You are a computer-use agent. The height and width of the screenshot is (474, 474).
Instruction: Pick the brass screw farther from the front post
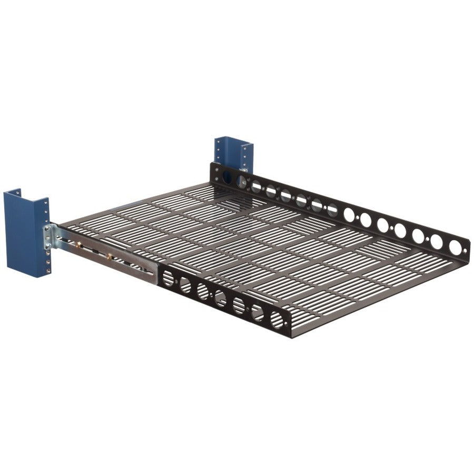click(x=109, y=256)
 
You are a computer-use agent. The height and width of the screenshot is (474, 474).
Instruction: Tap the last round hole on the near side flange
click(x=276, y=320)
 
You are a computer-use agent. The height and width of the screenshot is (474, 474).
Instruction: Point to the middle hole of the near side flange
click(x=221, y=299)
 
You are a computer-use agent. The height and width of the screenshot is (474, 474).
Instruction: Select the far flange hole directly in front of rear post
click(x=227, y=178)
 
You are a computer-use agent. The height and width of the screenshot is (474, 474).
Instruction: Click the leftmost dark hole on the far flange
click(x=227, y=178)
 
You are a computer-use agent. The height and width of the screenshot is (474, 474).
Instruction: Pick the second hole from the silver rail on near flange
click(x=185, y=285)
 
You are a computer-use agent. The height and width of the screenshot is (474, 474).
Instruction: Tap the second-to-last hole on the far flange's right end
click(x=437, y=241)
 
